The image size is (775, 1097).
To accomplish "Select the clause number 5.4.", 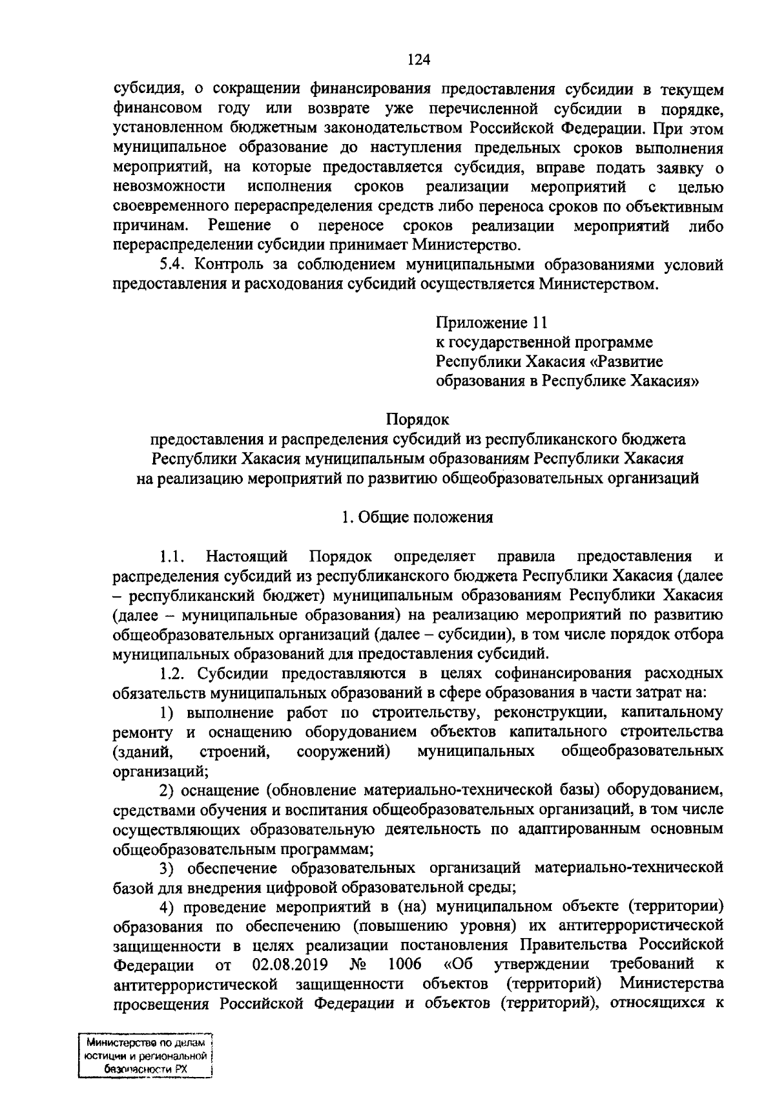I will coord(174,265).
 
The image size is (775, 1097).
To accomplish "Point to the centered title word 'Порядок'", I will coord(417,420).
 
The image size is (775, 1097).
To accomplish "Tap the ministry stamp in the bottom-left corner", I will coord(145,1056).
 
